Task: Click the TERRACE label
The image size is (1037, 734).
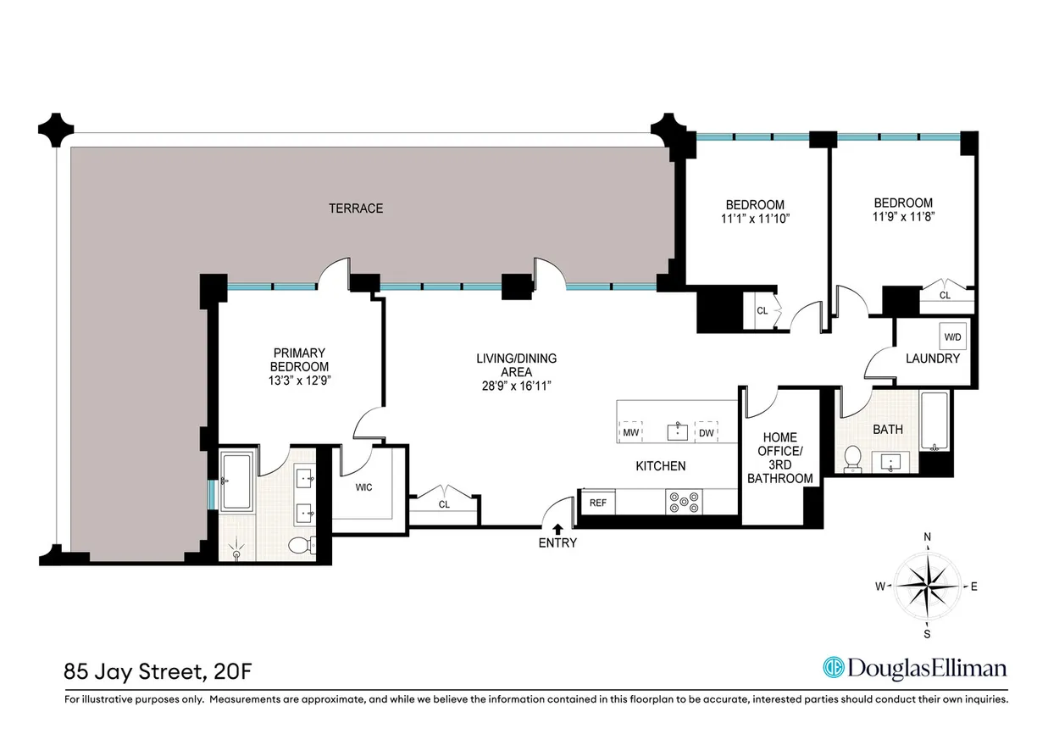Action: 356,208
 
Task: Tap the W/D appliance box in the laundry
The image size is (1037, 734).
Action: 953,337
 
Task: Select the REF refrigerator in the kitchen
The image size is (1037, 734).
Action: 598,503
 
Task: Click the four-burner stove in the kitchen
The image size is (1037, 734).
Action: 684,502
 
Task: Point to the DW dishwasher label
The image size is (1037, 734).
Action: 706,433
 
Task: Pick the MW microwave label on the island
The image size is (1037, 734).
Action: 630,433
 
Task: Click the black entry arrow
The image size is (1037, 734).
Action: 557,530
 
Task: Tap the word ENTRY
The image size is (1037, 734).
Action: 557,543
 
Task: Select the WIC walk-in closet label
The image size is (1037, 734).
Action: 363,487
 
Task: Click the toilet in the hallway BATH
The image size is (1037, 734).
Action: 853,459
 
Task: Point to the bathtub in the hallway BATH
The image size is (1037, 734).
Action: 935,422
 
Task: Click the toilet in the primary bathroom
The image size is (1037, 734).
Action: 298,545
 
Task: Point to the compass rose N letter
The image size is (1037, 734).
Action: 928,537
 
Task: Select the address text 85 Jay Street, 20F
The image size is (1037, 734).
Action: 158,673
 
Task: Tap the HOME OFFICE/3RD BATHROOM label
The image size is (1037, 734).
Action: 782,459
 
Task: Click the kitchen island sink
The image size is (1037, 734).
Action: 677,432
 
